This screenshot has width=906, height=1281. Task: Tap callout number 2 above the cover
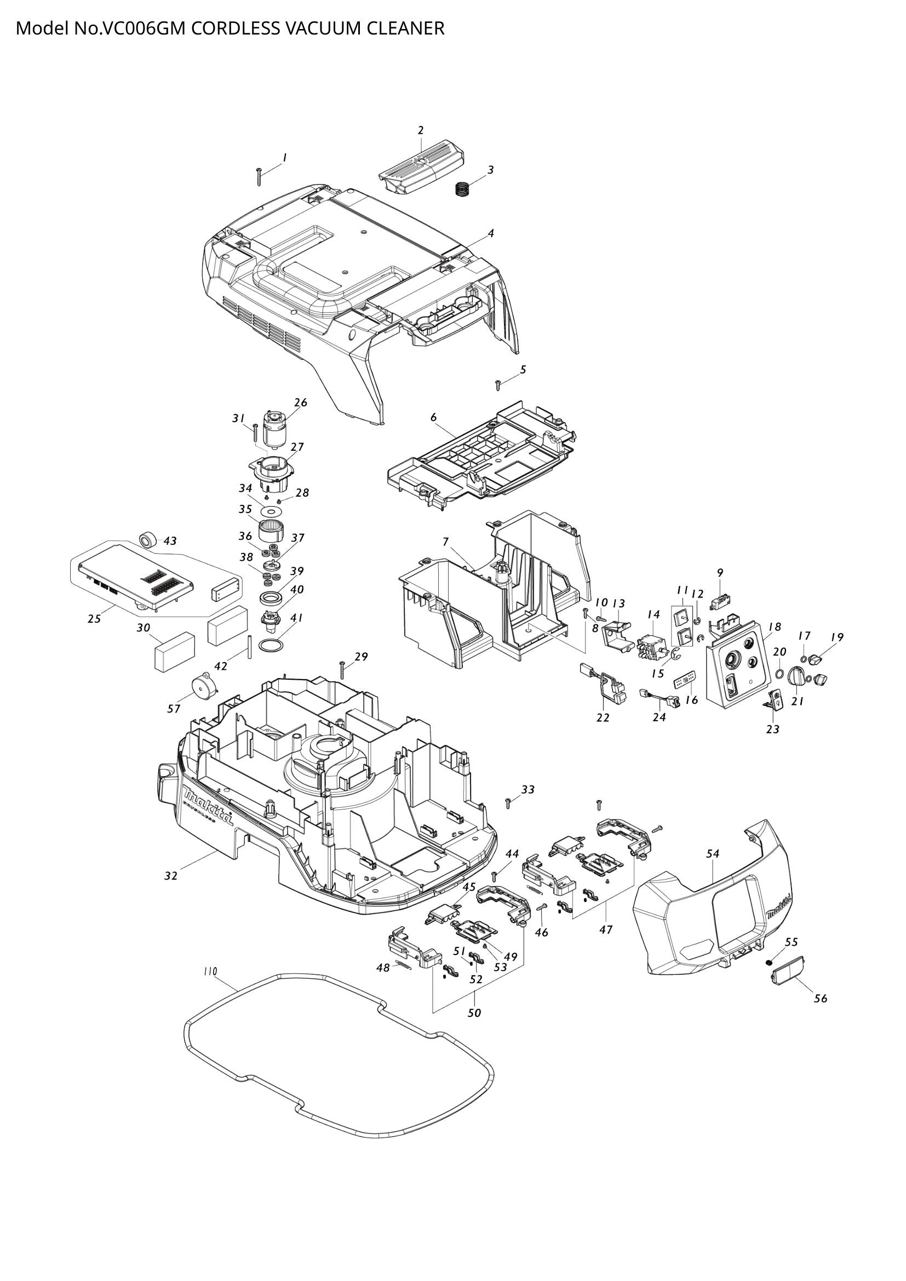click(421, 130)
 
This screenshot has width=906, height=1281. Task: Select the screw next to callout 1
click(259, 176)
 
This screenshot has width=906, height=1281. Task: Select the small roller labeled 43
click(148, 540)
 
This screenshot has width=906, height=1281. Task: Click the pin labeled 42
click(249, 646)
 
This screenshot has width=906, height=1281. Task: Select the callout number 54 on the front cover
click(713, 854)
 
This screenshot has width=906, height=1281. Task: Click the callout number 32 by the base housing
click(171, 876)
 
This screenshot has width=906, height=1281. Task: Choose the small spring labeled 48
click(404, 964)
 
